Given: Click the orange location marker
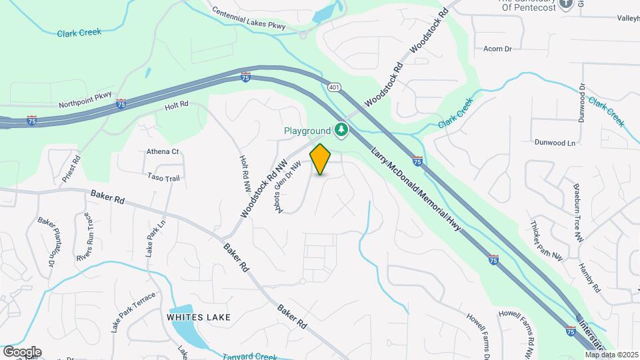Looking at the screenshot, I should point(321,159).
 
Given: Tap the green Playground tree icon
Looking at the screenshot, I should point(342,129).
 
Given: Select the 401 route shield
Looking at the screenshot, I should point(335,87).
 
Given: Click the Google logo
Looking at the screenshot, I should point(22,352).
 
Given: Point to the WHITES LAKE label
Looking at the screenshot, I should point(199,317).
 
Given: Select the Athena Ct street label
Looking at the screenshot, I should point(163,151).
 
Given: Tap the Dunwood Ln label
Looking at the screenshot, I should point(555,143).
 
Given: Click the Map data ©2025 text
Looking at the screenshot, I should point(611,354).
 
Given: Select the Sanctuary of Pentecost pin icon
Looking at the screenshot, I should point(566,4).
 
